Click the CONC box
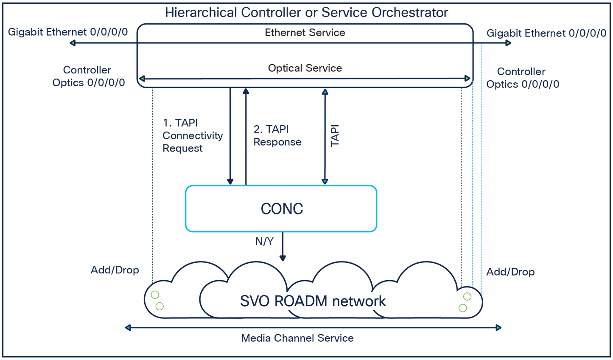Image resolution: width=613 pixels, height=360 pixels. (x=281, y=208)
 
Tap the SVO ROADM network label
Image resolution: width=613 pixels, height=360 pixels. (x=313, y=301)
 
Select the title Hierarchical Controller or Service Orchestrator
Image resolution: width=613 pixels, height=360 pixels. (x=306, y=12)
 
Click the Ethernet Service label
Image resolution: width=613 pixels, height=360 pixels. (x=305, y=33)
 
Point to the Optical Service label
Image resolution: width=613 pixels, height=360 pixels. (x=305, y=68)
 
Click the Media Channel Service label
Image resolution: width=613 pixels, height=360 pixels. (x=297, y=338)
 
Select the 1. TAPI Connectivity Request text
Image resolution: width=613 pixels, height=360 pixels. (x=192, y=135)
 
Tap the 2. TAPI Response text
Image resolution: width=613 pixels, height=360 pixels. (x=277, y=135)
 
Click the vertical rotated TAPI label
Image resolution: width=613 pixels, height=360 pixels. (x=335, y=135)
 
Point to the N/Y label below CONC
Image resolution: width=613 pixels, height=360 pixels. (x=264, y=242)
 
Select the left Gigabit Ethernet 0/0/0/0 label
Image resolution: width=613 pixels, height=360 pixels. (x=68, y=32)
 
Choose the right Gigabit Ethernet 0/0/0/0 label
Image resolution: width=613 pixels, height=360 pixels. (x=546, y=33)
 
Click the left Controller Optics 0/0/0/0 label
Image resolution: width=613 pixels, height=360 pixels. (x=88, y=76)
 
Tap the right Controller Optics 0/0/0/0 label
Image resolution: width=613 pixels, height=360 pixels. (x=522, y=78)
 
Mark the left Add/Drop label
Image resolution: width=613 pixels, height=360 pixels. (x=115, y=270)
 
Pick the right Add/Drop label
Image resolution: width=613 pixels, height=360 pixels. (x=510, y=272)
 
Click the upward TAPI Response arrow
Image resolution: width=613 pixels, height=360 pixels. (x=246, y=136)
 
